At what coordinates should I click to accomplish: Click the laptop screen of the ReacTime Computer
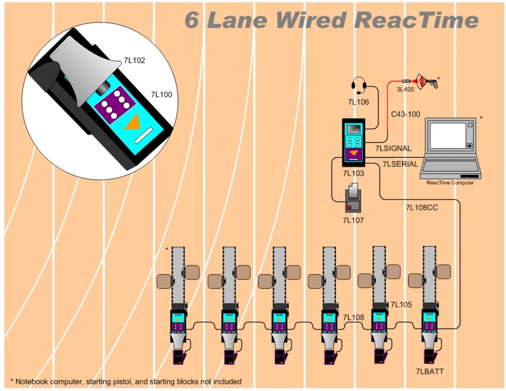point(448,136)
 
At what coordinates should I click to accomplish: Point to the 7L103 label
point(353,173)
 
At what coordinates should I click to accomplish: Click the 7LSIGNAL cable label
point(393,148)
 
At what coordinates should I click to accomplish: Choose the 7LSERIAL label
point(400,164)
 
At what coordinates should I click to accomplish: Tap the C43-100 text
point(405,114)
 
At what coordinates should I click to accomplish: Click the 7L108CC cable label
point(422,207)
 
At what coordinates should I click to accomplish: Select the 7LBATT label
point(429,371)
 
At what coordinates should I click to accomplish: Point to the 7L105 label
point(401,305)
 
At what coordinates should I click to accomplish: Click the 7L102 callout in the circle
point(134,61)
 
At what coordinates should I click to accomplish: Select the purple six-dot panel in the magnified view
point(114,101)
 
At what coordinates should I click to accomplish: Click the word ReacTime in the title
point(416,20)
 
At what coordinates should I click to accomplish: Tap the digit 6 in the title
point(193,20)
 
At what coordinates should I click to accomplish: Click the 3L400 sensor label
point(405,89)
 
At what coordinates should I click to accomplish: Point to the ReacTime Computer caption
point(450,183)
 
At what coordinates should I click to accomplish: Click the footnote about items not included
point(126,381)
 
